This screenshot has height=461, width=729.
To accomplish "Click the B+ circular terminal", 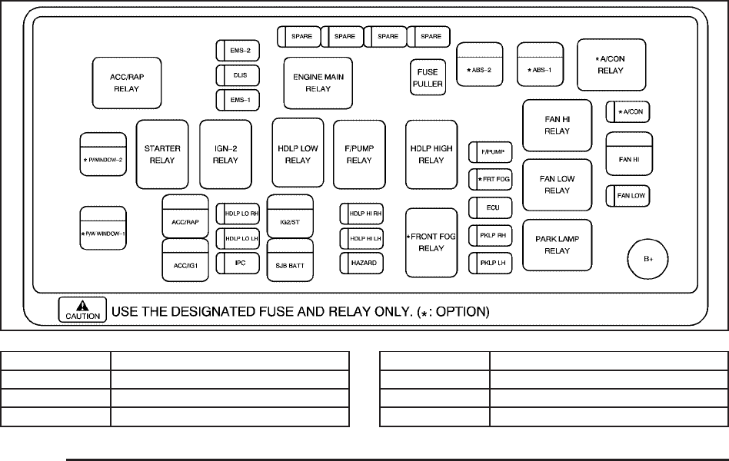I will point(648,259).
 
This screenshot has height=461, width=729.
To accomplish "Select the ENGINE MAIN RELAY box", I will point(318,83).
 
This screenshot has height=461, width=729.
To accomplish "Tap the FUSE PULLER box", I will point(427,78).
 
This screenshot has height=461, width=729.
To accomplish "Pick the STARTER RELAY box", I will point(163,154).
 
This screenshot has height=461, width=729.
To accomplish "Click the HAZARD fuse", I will point(363,263).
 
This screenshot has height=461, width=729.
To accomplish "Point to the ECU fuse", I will point(491,207).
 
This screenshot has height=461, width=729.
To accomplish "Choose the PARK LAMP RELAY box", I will point(558,244).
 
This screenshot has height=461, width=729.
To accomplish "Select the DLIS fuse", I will point(239,75).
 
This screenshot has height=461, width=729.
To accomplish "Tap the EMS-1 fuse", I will point(239,100).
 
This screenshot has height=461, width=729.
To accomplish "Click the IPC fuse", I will point(239,263).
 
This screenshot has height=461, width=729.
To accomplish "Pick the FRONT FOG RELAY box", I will point(431,242).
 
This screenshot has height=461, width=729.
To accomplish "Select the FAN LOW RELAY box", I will point(558,184).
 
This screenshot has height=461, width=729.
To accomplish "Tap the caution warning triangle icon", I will point(82,305).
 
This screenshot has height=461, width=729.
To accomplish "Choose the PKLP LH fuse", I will point(491,263).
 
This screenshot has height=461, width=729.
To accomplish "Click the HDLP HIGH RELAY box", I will point(431,154).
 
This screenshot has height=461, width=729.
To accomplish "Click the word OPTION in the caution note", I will point(461,313).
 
